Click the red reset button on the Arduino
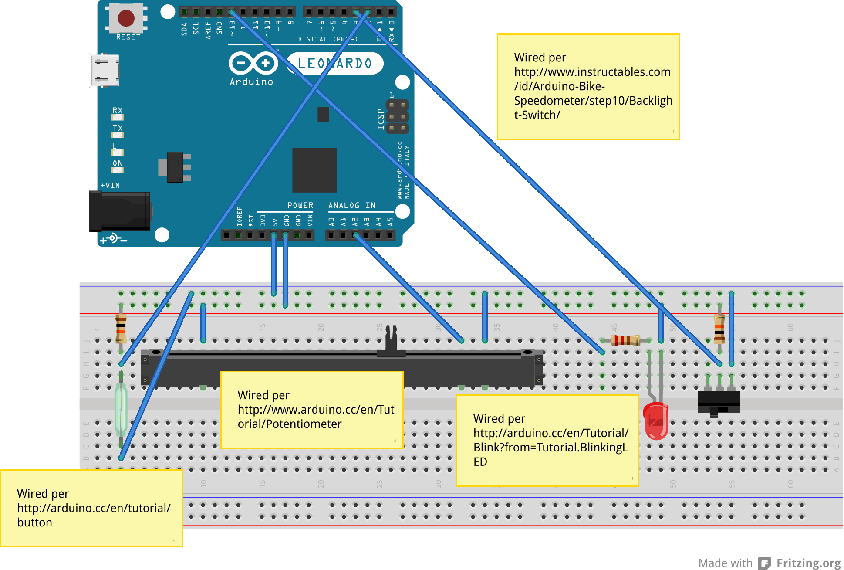tap(126, 18)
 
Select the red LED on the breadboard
tap(656, 421)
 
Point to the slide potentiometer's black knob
tap(391, 340)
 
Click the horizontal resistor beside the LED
tap(625, 340)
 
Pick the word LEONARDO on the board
tap(335, 64)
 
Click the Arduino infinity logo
tap(253, 64)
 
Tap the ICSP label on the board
tap(381, 119)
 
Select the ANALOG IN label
tap(351, 205)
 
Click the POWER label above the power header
tap(300, 205)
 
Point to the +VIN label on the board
tap(110, 185)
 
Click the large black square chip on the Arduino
tap(314, 170)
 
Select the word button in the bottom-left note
tap(34, 522)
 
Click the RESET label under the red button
tap(128, 37)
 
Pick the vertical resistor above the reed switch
tap(121, 328)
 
